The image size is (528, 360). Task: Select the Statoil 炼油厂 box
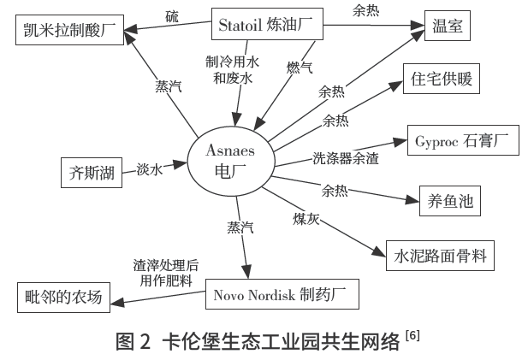[x=269, y=25]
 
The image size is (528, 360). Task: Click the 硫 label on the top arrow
[x=171, y=15]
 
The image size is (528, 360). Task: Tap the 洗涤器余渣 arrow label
[x=346, y=156]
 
